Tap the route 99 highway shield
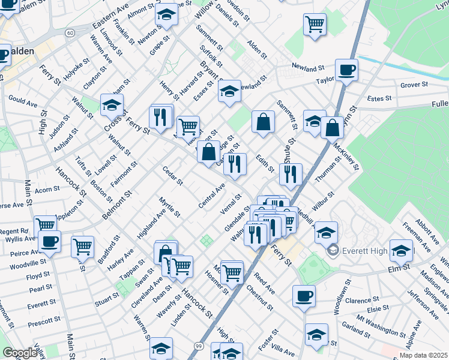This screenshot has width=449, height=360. (198, 346)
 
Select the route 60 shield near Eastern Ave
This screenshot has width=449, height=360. (70, 32)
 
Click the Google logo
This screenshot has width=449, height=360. (20, 353)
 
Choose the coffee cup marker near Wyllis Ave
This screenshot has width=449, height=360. (49, 242)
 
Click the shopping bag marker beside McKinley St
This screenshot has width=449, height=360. (332, 127)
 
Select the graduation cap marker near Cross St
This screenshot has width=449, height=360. (112, 106)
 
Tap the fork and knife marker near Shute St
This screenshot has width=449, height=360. (291, 174)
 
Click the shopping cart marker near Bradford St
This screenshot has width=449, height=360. (82, 246)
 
